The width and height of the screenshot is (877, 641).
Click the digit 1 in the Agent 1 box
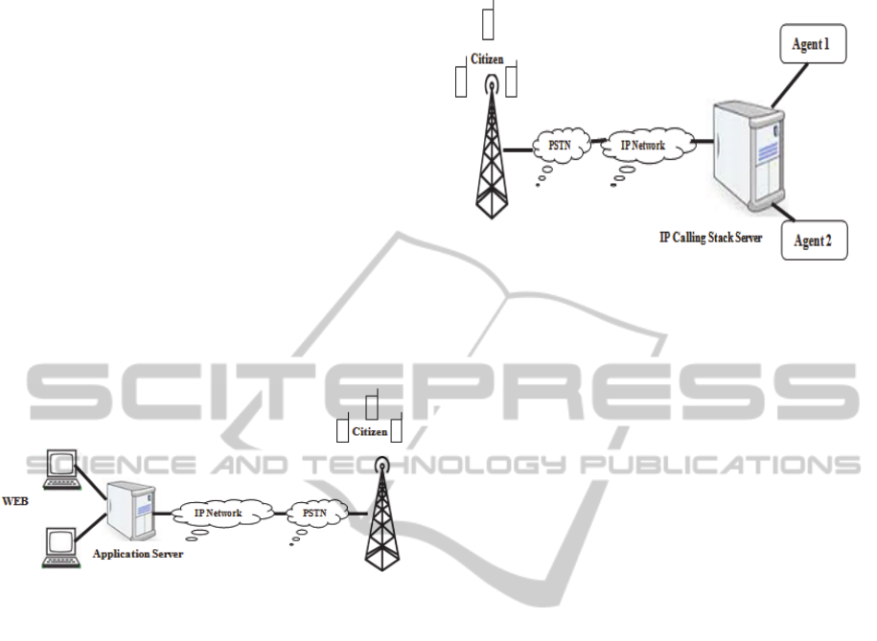(x=825, y=44)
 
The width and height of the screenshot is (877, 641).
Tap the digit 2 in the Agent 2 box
(x=827, y=240)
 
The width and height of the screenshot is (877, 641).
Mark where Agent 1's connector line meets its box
(x=808, y=63)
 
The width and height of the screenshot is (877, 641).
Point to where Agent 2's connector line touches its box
(x=795, y=220)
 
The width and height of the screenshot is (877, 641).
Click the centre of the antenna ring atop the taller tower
(x=492, y=85)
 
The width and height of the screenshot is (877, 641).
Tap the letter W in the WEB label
(x=8, y=500)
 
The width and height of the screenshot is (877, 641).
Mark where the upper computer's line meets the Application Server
(x=106, y=499)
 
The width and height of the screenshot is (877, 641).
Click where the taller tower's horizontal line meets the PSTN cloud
(x=533, y=149)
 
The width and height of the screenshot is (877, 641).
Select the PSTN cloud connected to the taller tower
(x=561, y=146)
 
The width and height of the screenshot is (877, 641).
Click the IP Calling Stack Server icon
(x=749, y=156)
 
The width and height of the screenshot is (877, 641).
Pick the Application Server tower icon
(x=131, y=510)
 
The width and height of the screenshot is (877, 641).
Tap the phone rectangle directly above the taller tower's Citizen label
(x=488, y=20)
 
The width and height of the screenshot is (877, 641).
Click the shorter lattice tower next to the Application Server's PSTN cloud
(x=382, y=514)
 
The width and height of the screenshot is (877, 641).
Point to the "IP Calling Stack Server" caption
(x=710, y=238)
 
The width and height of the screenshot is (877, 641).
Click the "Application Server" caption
(x=138, y=554)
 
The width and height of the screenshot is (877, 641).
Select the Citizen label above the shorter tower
(x=369, y=432)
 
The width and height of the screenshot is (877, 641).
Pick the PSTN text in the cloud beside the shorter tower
(x=314, y=513)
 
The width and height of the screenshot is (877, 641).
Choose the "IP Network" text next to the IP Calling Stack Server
(x=642, y=146)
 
